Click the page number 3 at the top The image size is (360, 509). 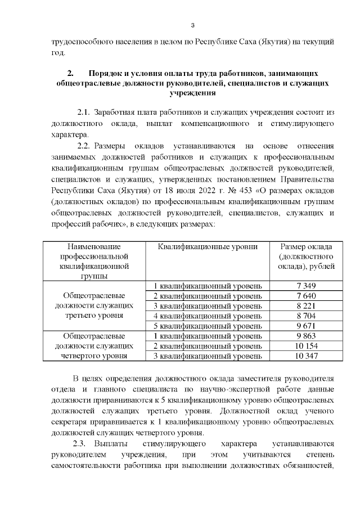[192, 25]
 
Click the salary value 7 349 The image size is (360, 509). [306, 286]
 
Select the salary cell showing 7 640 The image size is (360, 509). [306, 296]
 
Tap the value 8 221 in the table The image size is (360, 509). [306, 306]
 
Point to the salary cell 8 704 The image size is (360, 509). [306, 316]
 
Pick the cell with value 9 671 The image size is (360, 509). [306, 326]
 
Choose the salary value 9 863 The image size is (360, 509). [306, 336]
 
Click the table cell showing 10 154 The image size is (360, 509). [306, 346]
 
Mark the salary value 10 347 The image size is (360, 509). [306, 356]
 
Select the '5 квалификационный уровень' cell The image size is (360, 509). [208, 326]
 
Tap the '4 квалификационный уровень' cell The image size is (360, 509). [208, 316]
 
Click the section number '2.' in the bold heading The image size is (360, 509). [70, 74]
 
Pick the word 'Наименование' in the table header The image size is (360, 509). [94, 246]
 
